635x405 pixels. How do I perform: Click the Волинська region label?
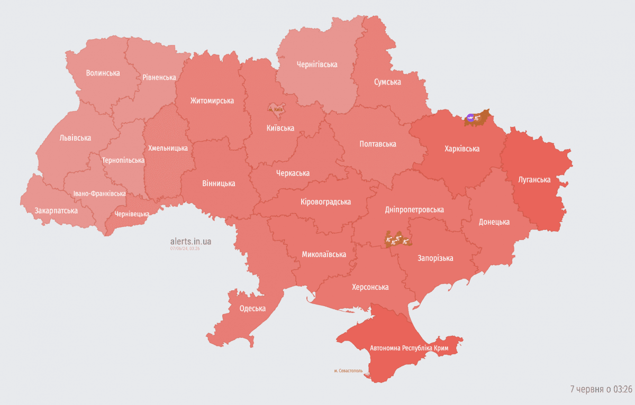103,73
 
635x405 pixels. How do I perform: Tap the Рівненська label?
159,77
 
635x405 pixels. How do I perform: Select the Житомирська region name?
212,100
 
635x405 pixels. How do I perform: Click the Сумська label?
387,82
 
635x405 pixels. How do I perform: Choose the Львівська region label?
75,138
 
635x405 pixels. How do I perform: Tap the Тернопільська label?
123,160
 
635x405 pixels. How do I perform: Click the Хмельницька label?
167,148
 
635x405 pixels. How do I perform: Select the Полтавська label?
377,144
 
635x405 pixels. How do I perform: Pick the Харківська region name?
461,149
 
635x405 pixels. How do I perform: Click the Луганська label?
534,180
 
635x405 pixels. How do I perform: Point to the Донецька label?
494,222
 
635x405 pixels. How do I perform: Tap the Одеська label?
252,309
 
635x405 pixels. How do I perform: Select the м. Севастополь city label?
348,371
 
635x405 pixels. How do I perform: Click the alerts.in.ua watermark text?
190,241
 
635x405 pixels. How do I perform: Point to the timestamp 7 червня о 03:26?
601,389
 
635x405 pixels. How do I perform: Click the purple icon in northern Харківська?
470,118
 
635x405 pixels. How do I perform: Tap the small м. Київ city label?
276,109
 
